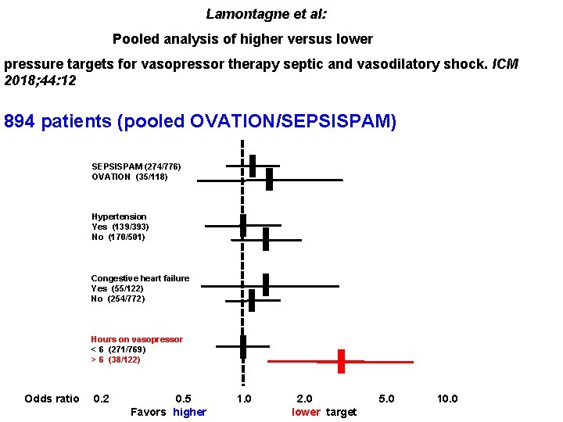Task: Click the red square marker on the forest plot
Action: point(341,362)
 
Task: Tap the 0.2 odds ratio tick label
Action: point(101,399)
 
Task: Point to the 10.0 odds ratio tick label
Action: point(447,399)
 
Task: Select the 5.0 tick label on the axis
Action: point(386,399)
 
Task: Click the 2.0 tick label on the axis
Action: point(304,399)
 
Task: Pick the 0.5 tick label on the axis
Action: point(183,399)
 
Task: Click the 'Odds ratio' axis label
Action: point(52,399)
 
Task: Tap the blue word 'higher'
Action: point(189,412)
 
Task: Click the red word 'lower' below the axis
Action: point(306,412)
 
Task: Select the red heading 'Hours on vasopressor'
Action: point(137,339)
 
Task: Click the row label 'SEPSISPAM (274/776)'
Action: point(136,166)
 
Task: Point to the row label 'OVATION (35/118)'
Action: point(129,177)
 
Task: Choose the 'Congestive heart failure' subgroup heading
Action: point(140,278)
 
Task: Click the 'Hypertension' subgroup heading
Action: point(119,216)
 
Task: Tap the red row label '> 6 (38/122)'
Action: point(116,359)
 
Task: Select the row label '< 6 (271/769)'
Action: point(118,349)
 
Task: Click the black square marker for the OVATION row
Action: point(269,180)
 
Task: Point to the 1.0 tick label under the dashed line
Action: point(244,399)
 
